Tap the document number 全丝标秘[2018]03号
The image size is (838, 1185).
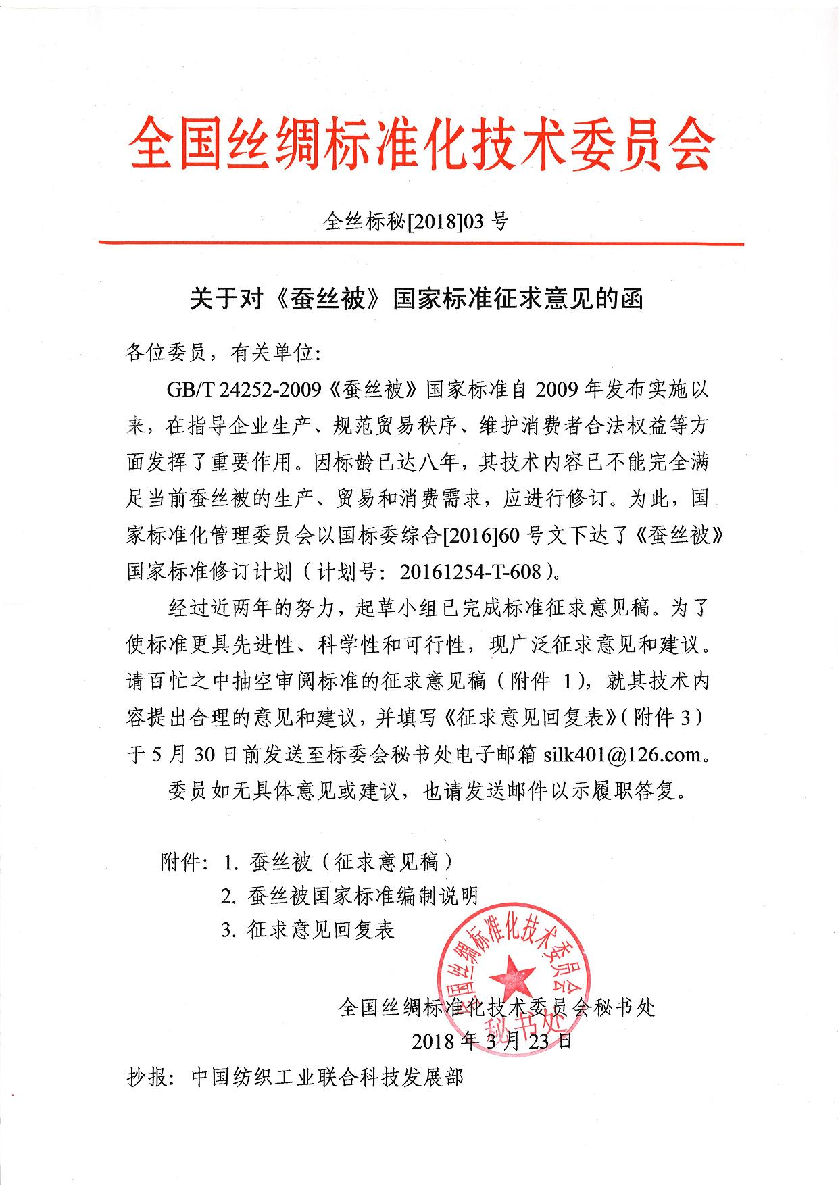click(416, 221)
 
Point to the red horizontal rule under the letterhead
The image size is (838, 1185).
click(420, 242)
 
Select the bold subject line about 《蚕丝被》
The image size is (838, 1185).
click(416, 298)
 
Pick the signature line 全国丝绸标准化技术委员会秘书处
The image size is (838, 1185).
click(497, 1008)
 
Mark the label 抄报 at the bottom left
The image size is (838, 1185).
click(147, 1077)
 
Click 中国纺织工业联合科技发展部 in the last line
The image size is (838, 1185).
click(327, 1077)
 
